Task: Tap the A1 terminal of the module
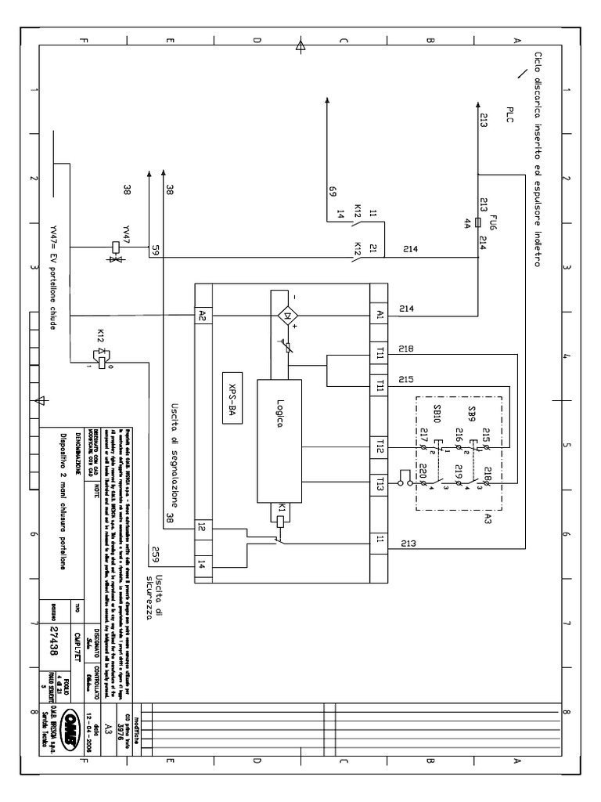coord(380,314)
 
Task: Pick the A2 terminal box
coord(203,315)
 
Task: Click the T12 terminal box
coord(380,447)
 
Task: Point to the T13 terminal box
coord(380,482)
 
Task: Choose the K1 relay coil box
coord(279,510)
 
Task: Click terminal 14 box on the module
coord(203,563)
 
